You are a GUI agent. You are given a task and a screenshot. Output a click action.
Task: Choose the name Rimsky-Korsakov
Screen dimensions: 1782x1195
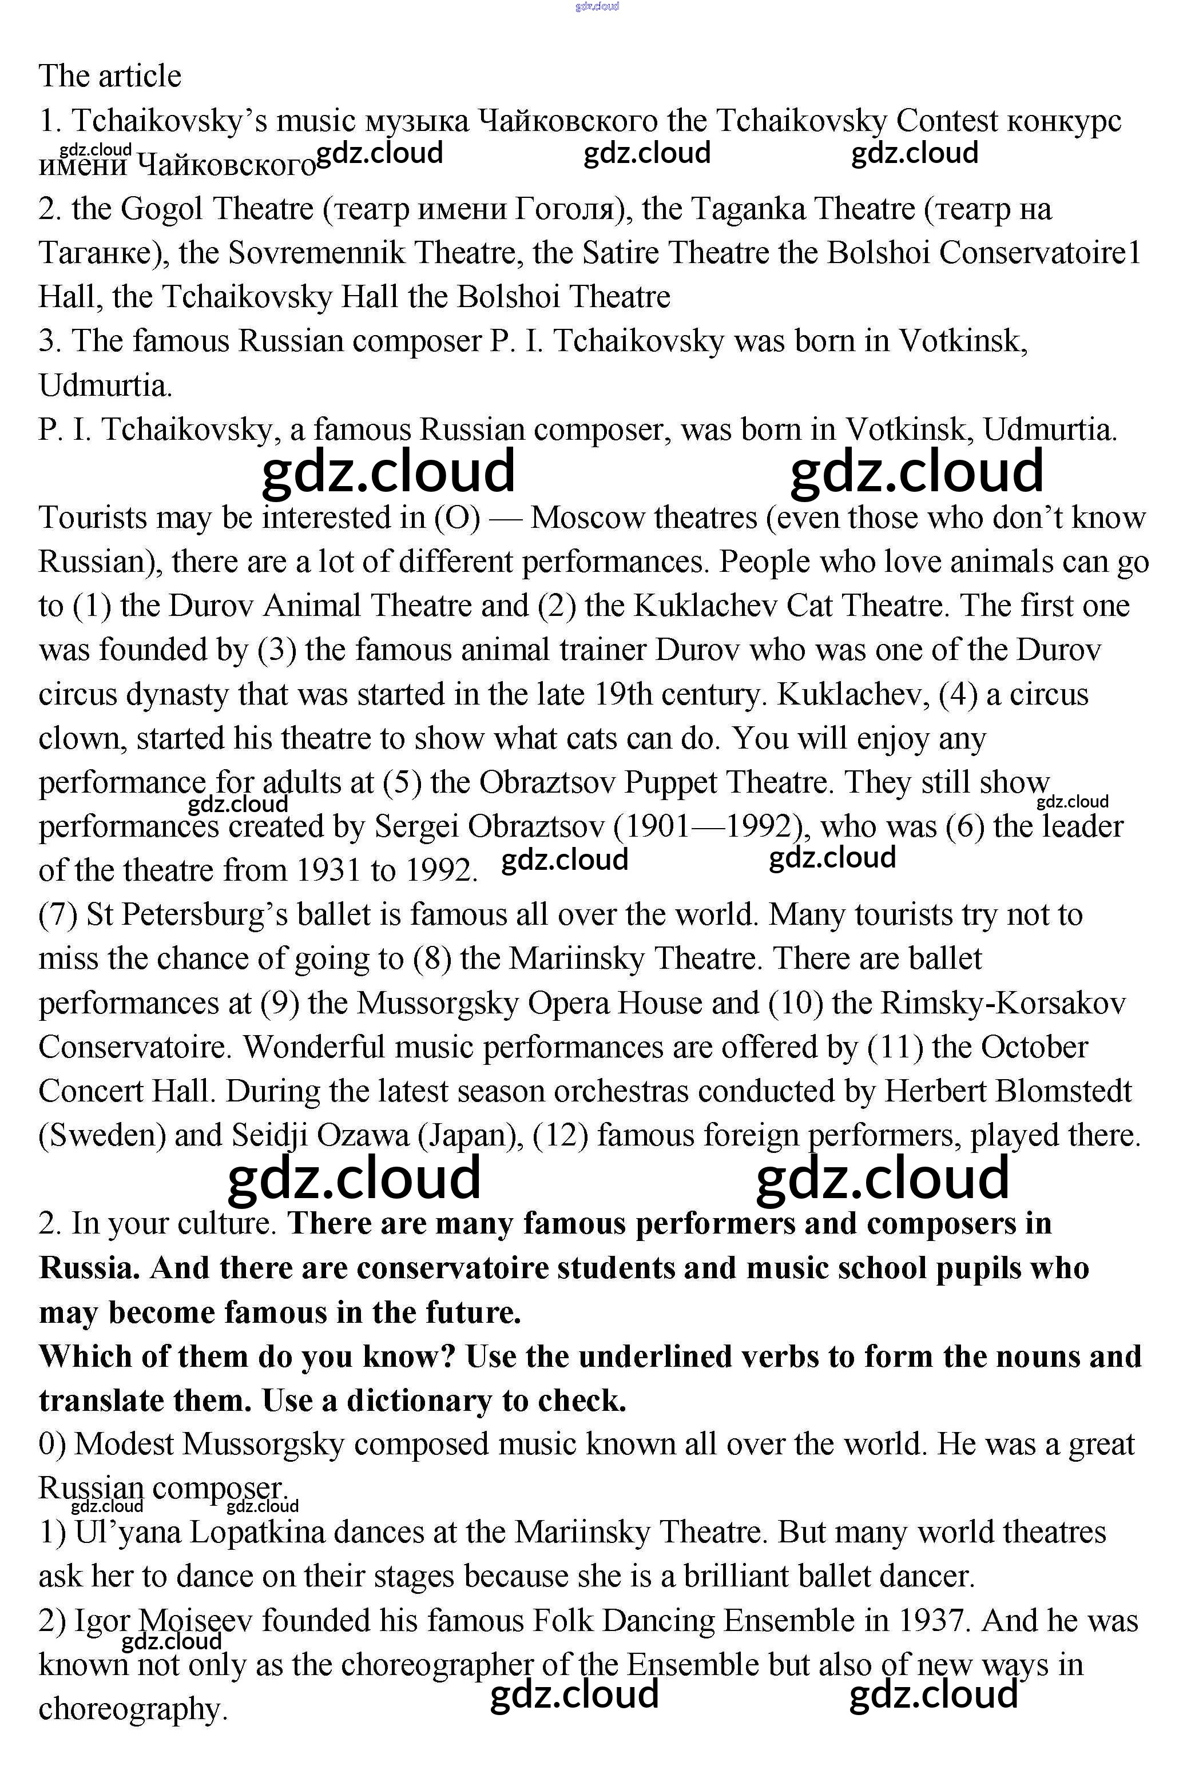[x=1002, y=1003]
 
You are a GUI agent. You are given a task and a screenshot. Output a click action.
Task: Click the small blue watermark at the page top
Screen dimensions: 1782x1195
[x=597, y=6]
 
